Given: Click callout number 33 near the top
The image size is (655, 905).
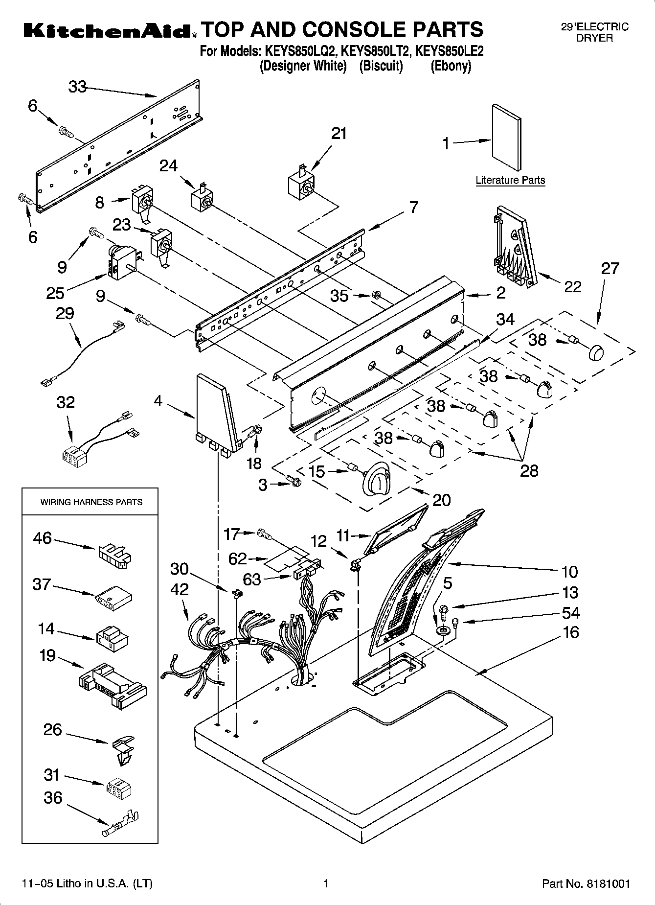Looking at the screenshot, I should tap(77, 87).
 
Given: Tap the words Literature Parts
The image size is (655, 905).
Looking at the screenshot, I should tap(510, 180).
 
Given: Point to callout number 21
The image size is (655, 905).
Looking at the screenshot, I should tap(339, 133).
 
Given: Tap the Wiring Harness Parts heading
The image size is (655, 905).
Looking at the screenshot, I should tap(91, 502).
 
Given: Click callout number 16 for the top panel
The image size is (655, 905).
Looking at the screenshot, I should tap(570, 632).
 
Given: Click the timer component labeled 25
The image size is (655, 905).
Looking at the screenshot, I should tap(121, 262).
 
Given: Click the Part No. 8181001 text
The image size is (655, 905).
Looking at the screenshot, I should tap(586, 883).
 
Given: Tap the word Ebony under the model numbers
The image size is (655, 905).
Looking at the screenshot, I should tap(451, 66).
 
